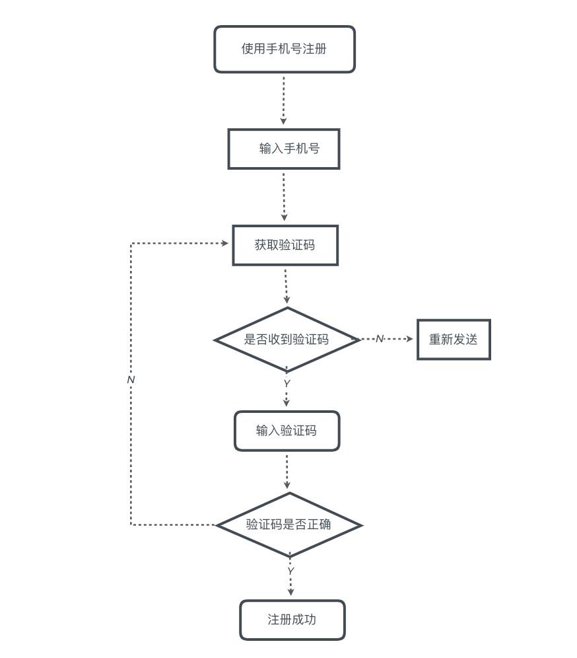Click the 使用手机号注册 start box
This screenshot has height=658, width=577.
point(284,49)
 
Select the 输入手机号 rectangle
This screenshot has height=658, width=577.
point(284,149)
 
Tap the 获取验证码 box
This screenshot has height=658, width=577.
point(285,245)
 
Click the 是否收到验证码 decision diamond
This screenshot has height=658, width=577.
point(287,340)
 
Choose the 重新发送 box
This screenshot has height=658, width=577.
point(454,340)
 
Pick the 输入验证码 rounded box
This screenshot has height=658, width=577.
point(287,431)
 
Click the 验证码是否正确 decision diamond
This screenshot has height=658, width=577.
point(288,525)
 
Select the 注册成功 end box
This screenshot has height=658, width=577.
point(292,620)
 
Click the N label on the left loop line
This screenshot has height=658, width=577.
point(131,380)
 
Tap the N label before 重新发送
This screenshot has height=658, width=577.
point(379,339)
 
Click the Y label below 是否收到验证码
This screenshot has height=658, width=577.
point(287,384)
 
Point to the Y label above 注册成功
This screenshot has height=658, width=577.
point(290,571)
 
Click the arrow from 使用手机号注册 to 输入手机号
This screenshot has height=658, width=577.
point(284,100)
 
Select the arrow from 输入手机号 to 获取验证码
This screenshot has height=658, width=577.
point(284,196)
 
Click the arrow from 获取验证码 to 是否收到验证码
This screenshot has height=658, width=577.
point(286,285)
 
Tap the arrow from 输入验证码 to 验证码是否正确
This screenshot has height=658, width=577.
point(287,471)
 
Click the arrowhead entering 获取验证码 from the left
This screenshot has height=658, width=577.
point(225,243)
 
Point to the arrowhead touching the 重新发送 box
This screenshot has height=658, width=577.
point(409,339)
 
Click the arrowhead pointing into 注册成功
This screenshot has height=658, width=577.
point(290,592)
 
